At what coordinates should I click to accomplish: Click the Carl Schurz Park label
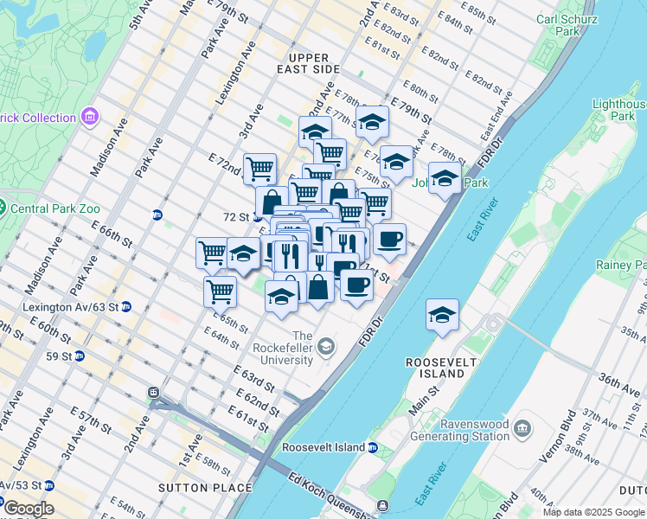pyautogui.click(x=568, y=24)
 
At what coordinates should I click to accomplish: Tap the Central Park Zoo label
pyautogui.click(x=56, y=208)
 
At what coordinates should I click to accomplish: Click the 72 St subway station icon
pyautogui.click(x=257, y=216)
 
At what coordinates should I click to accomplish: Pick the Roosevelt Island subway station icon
pyautogui.click(x=373, y=448)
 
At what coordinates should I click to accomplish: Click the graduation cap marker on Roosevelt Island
pyautogui.click(x=442, y=316)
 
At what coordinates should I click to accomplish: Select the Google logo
pyautogui.click(x=29, y=509)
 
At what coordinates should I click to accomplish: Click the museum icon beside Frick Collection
pyautogui.click(x=89, y=117)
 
